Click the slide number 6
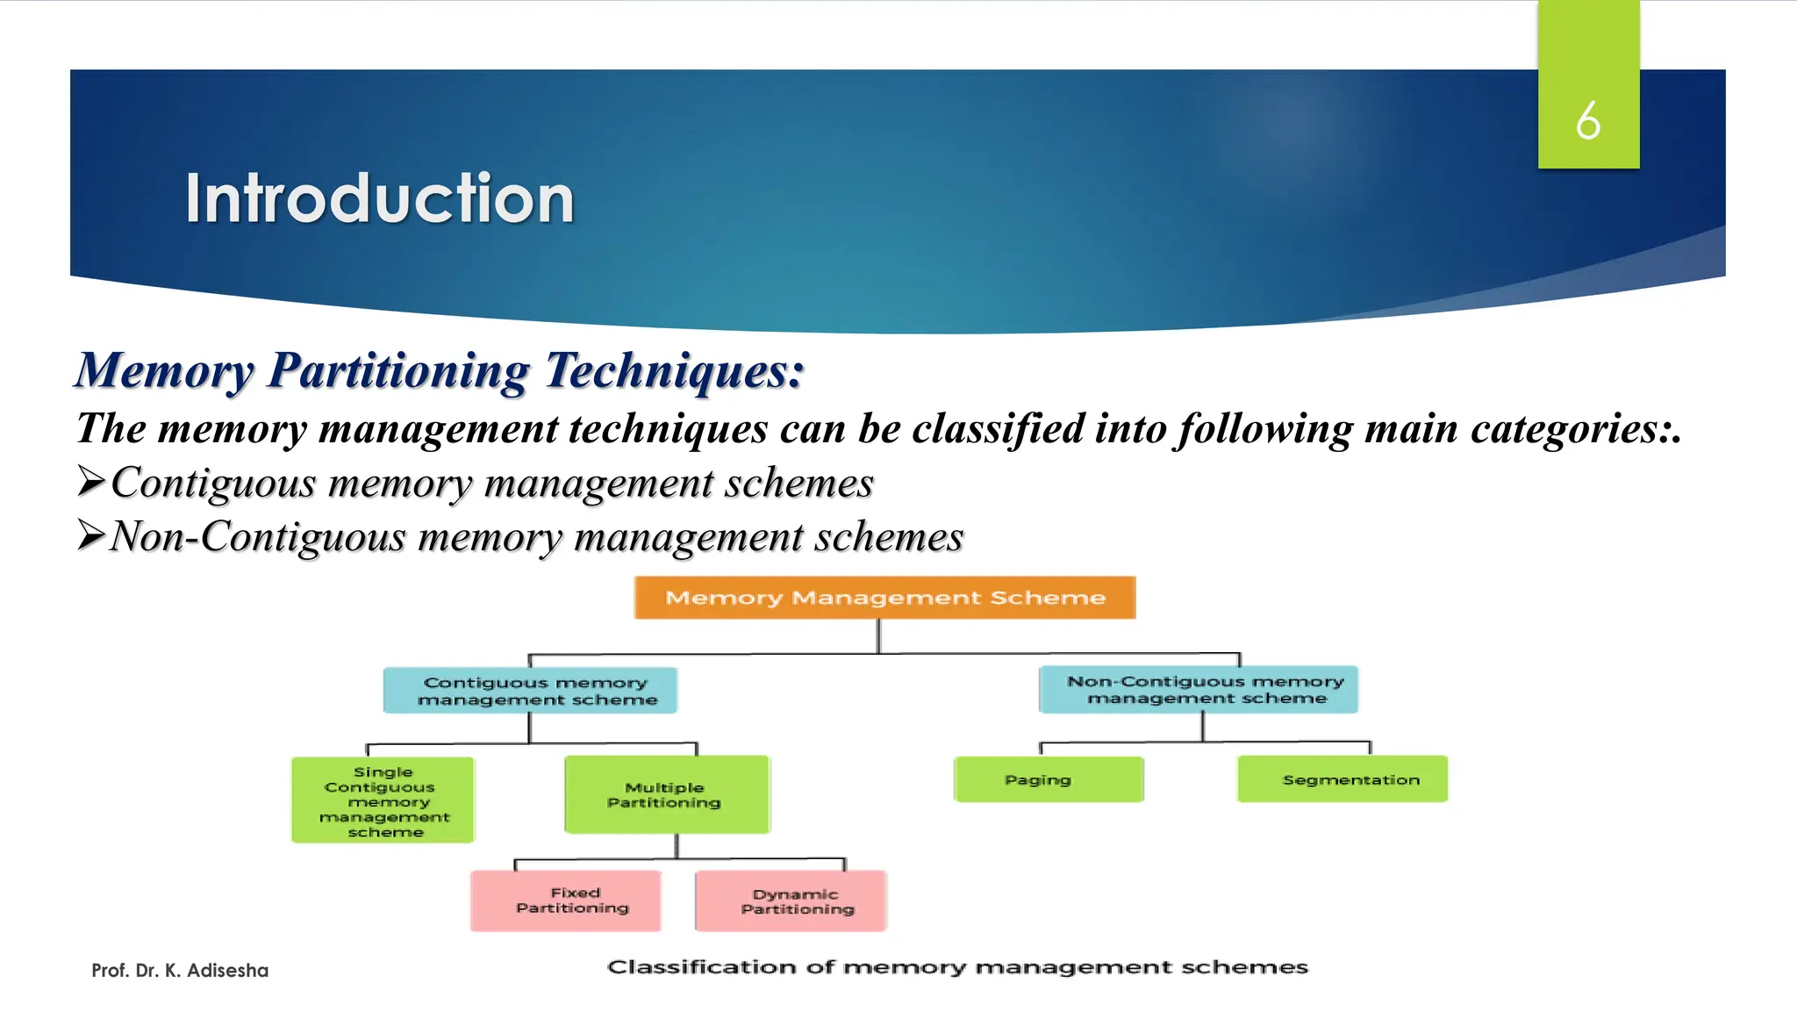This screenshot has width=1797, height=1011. (1587, 120)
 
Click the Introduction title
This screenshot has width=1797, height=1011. (379, 199)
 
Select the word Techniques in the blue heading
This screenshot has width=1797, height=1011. (674, 370)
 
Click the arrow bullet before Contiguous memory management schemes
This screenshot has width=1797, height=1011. (91, 481)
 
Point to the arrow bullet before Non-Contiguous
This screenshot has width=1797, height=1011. (91, 534)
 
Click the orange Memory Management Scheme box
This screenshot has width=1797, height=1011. (884, 598)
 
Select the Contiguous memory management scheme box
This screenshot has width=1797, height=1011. (530, 691)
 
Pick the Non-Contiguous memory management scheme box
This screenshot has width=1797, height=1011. (1199, 690)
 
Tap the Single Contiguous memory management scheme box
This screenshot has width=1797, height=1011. (383, 800)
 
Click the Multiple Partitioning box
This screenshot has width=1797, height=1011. (667, 794)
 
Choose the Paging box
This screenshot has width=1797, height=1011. (1049, 779)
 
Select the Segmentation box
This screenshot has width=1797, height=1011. (1342, 779)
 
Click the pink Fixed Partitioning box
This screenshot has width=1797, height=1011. (566, 900)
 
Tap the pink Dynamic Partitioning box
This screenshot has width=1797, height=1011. (791, 901)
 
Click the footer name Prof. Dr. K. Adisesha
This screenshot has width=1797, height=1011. (180, 971)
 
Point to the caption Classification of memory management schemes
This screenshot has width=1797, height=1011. (957, 967)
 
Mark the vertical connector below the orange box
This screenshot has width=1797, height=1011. (878, 635)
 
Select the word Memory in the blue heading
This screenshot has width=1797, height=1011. (164, 370)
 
